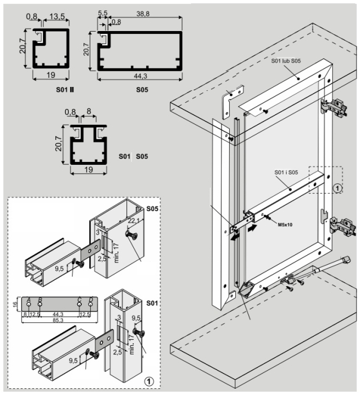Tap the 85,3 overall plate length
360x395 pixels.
click(58, 319)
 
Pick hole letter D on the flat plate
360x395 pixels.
click(91, 299)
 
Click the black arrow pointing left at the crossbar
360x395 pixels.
click(232, 238)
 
